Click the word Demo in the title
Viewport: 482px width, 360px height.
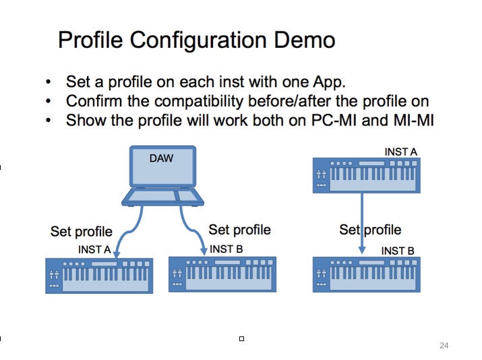304,40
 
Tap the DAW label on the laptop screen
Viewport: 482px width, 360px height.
161,158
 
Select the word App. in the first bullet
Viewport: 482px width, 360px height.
329,82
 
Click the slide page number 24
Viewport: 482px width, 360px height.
444,346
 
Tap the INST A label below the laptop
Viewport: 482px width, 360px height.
94,249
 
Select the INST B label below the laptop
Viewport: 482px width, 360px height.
227,249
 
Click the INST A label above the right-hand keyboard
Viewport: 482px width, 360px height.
401,152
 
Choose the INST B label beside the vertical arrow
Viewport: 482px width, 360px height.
398,251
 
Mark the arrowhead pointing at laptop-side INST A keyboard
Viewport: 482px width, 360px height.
117,254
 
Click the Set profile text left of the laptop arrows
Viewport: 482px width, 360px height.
82,232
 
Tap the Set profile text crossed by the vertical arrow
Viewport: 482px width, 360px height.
370,230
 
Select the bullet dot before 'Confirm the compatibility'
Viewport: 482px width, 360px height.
48,101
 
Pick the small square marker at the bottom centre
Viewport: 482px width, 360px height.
241,339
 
